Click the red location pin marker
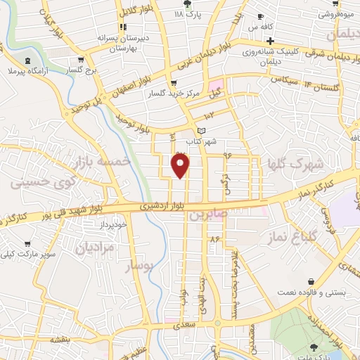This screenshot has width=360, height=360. (x=181, y=165)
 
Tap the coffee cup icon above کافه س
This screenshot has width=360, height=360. (x=261, y=15)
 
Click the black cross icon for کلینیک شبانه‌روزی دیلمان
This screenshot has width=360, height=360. (x=269, y=40)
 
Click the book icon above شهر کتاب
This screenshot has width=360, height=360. (x=202, y=130)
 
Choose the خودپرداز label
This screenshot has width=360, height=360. (x=112, y=224)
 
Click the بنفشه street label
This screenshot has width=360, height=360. (x=60, y=339)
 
